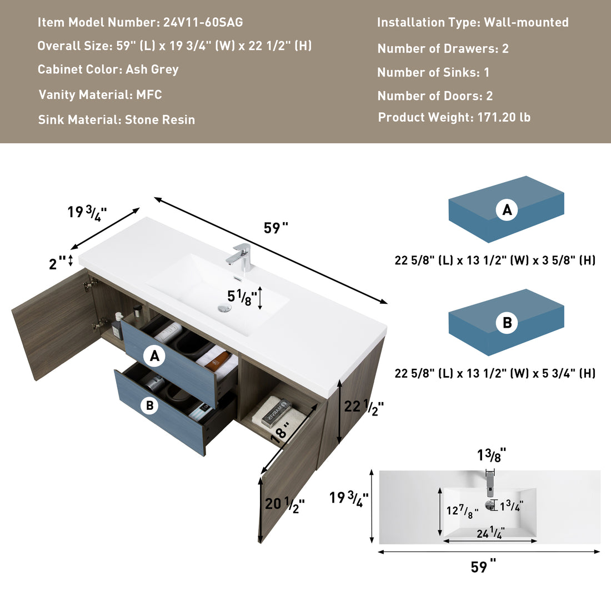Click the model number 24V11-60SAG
(203, 23)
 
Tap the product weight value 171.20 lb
(504, 118)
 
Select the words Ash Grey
(152, 69)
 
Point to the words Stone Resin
(160, 120)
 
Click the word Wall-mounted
(526, 23)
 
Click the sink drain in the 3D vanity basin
(224, 309)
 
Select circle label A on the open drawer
(154, 356)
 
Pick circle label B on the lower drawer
(149, 405)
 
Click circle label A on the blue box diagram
(507, 210)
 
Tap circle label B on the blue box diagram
(507, 323)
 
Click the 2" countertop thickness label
(57, 263)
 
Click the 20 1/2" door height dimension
(284, 504)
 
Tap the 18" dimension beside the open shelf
(281, 431)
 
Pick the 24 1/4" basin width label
(490, 533)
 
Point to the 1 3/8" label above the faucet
(491, 455)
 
